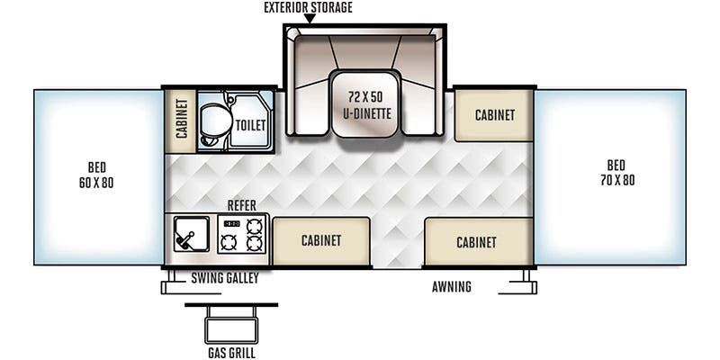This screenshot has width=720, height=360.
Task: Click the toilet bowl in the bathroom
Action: [x=218, y=120]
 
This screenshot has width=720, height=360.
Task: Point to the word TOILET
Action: [x=250, y=125]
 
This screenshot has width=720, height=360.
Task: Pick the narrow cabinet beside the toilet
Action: [x=180, y=121]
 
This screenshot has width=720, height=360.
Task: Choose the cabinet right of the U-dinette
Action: [x=493, y=114]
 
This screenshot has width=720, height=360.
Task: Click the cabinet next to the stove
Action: [x=321, y=240]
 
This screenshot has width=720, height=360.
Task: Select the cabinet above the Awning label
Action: [x=476, y=241]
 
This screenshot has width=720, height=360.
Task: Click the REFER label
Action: [x=242, y=205]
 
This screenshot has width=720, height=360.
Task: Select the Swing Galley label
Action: [x=224, y=279]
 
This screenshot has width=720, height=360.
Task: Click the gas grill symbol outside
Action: [x=231, y=319]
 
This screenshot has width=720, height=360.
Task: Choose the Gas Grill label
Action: [x=230, y=352]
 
